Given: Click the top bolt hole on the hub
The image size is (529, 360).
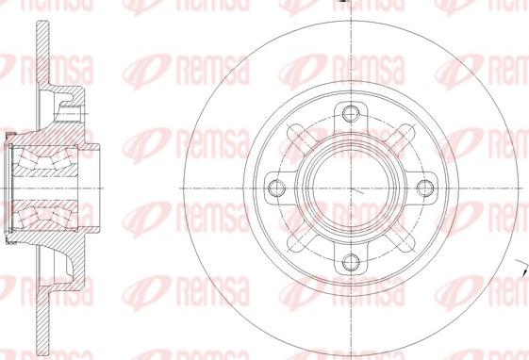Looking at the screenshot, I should (x=351, y=115).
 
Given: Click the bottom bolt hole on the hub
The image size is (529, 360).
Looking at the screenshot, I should (x=351, y=263).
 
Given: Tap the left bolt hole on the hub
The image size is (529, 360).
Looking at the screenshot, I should (x=277, y=188).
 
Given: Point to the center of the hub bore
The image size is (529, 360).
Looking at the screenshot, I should (x=351, y=188).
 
